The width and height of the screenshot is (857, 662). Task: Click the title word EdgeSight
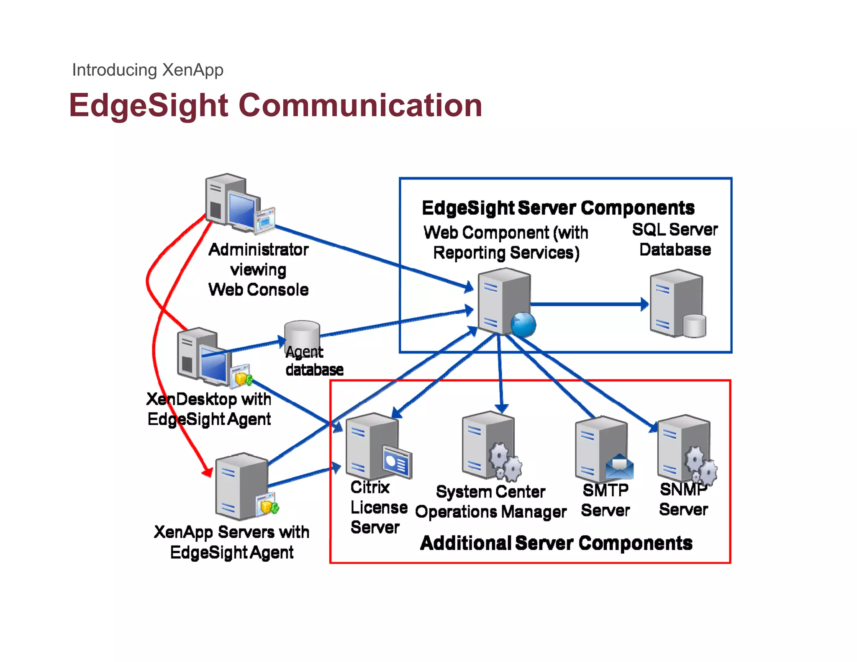pos(148,105)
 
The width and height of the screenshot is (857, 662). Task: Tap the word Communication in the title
pos(360,105)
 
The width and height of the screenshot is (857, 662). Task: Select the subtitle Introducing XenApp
pos(148,70)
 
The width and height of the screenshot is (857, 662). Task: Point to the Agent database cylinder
pos(302,335)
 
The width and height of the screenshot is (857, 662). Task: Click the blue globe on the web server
pos(523,325)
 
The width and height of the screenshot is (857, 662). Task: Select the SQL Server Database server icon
pos(677,304)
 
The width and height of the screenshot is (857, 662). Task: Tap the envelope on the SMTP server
pos(620,467)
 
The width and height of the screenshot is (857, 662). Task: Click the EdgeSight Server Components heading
pos(558,208)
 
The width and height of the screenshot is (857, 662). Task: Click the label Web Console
pos(258,290)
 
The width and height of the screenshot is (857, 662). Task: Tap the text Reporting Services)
pos(506,253)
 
